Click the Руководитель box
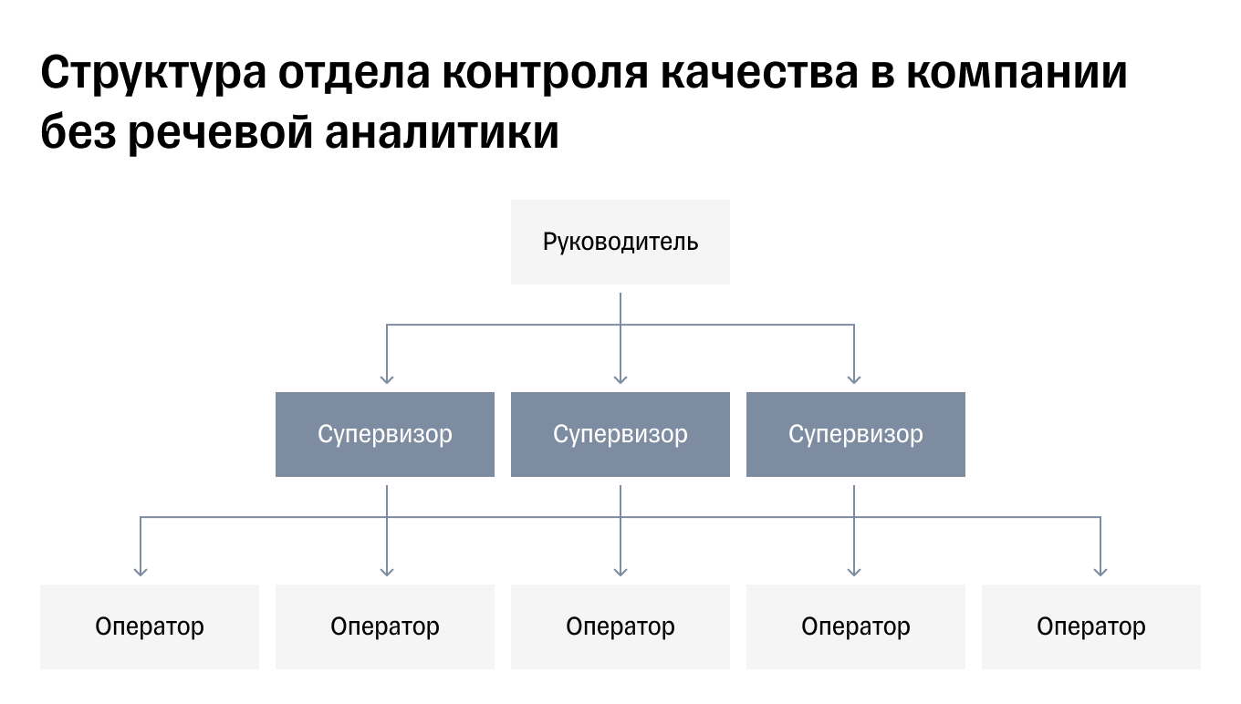pyautogui.click(x=620, y=242)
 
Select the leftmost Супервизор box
pyautogui.click(x=385, y=434)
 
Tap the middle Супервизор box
pyautogui.click(x=620, y=434)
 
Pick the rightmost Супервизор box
pyautogui.click(x=856, y=434)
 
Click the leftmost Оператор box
pyautogui.click(x=150, y=626)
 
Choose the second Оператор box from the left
pyautogui.click(x=385, y=626)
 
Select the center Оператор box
pyautogui.click(x=620, y=626)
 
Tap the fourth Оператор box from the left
pyautogui.click(x=856, y=626)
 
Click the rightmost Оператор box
pyautogui.click(x=1091, y=626)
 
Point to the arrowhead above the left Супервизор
pyautogui.click(x=387, y=378)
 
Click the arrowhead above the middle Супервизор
pyautogui.click(x=620, y=378)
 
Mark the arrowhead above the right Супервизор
pyautogui.click(x=854, y=378)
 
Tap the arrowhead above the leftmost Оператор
pyautogui.click(x=141, y=571)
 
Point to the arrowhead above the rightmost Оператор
pyautogui.click(x=1100, y=571)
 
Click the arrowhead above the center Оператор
pyautogui.click(x=620, y=571)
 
